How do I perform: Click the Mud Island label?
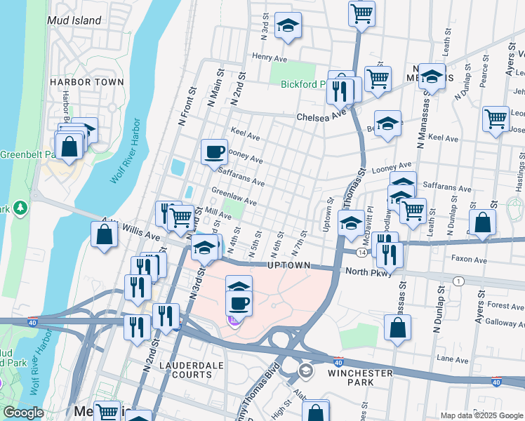(x=74, y=20)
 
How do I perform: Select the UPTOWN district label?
(x=288, y=265)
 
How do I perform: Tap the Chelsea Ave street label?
(x=321, y=117)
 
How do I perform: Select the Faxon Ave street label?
(x=470, y=260)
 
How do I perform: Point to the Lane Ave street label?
(x=452, y=358)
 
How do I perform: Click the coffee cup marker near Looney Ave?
(x=214, y=152)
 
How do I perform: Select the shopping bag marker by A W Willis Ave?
(x=104, y=235)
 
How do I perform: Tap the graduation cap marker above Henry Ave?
(x=288, y=26)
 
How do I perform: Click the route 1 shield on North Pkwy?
(x=458, y=281)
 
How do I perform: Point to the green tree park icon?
(x=20, y=208)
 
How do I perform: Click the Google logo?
(x=23, y=413)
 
